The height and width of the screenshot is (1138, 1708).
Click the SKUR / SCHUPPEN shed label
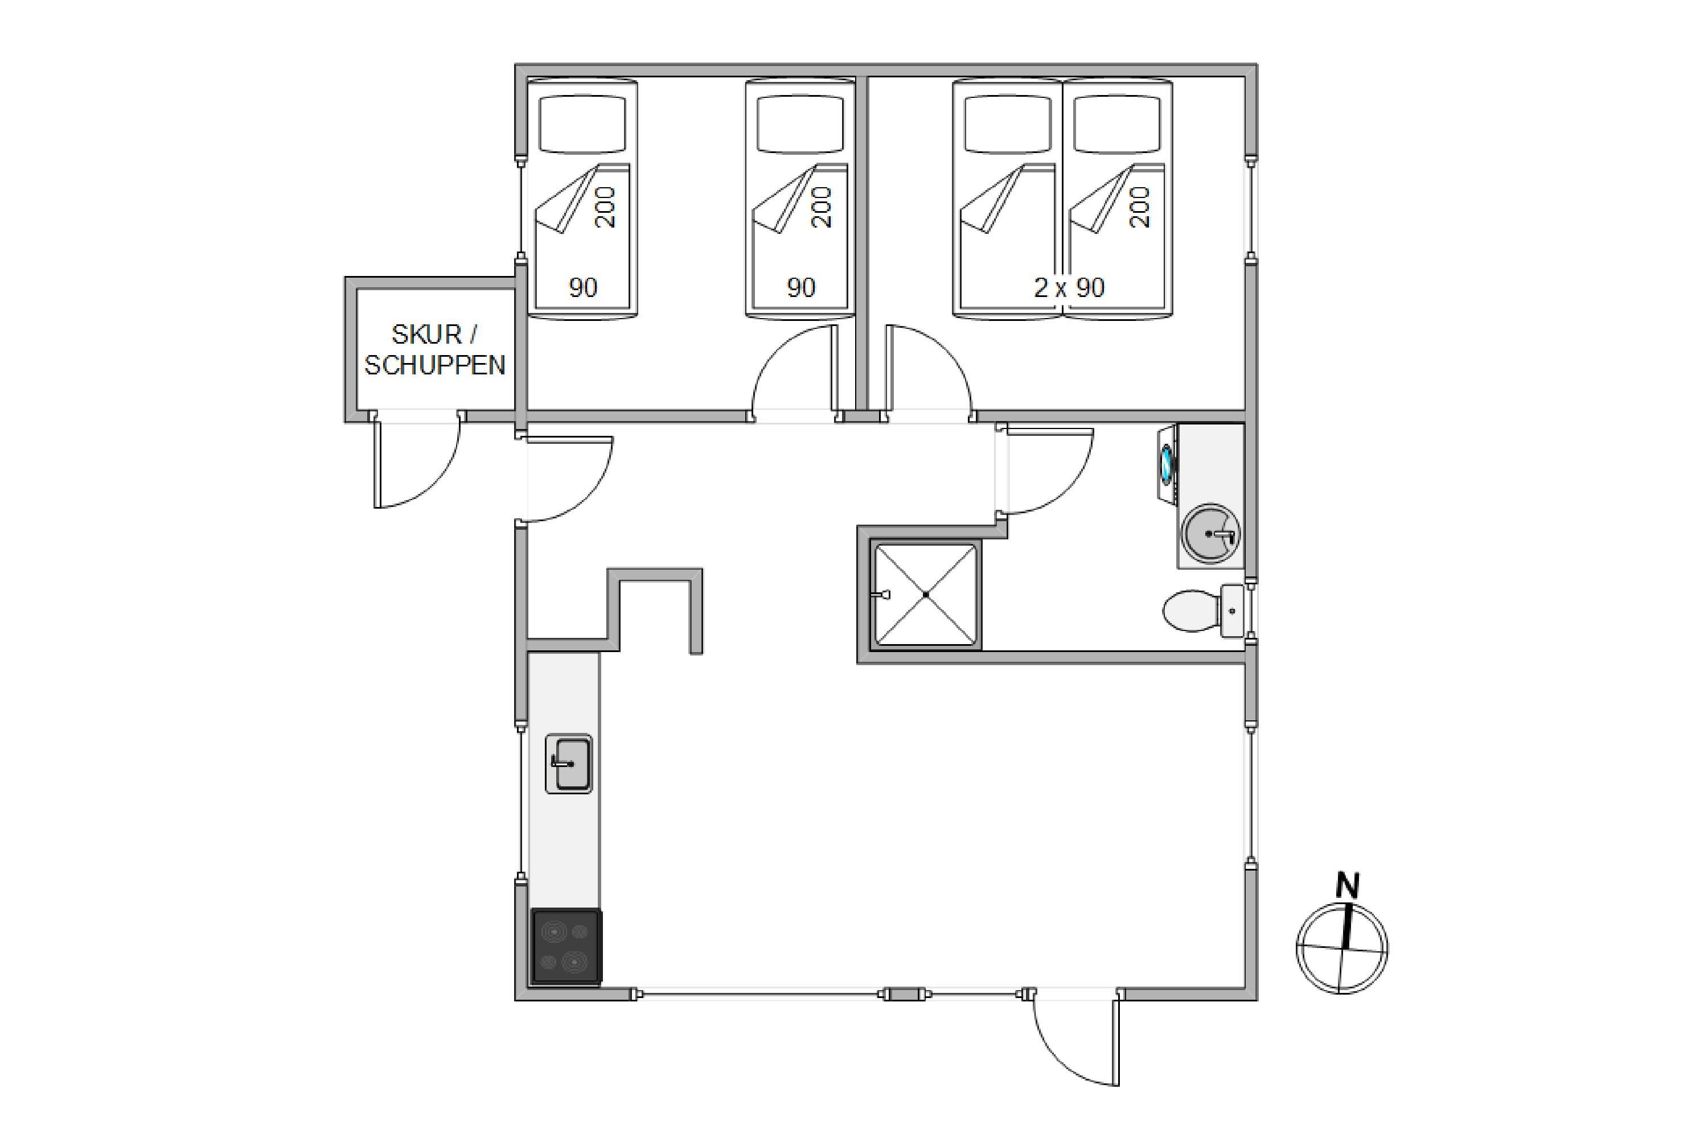click(434, 349)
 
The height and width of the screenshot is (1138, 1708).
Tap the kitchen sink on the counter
click(569, 764)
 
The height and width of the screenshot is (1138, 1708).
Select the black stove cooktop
click(566, 947)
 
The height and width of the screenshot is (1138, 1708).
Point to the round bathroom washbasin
click(1210, 534)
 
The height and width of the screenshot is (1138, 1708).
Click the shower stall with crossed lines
click(925, 595)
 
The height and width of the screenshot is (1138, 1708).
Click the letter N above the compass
click(1347, 885)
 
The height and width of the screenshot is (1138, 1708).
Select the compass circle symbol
click(1341, 949)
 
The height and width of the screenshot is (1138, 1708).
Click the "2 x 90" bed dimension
click(1069, 288)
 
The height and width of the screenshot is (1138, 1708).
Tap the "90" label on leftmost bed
click(582, 288)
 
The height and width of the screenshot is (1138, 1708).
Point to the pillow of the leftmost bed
click(582, 124)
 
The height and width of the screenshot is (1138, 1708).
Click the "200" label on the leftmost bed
click(605, 207)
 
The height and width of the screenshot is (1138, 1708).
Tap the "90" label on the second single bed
click(801, 288)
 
